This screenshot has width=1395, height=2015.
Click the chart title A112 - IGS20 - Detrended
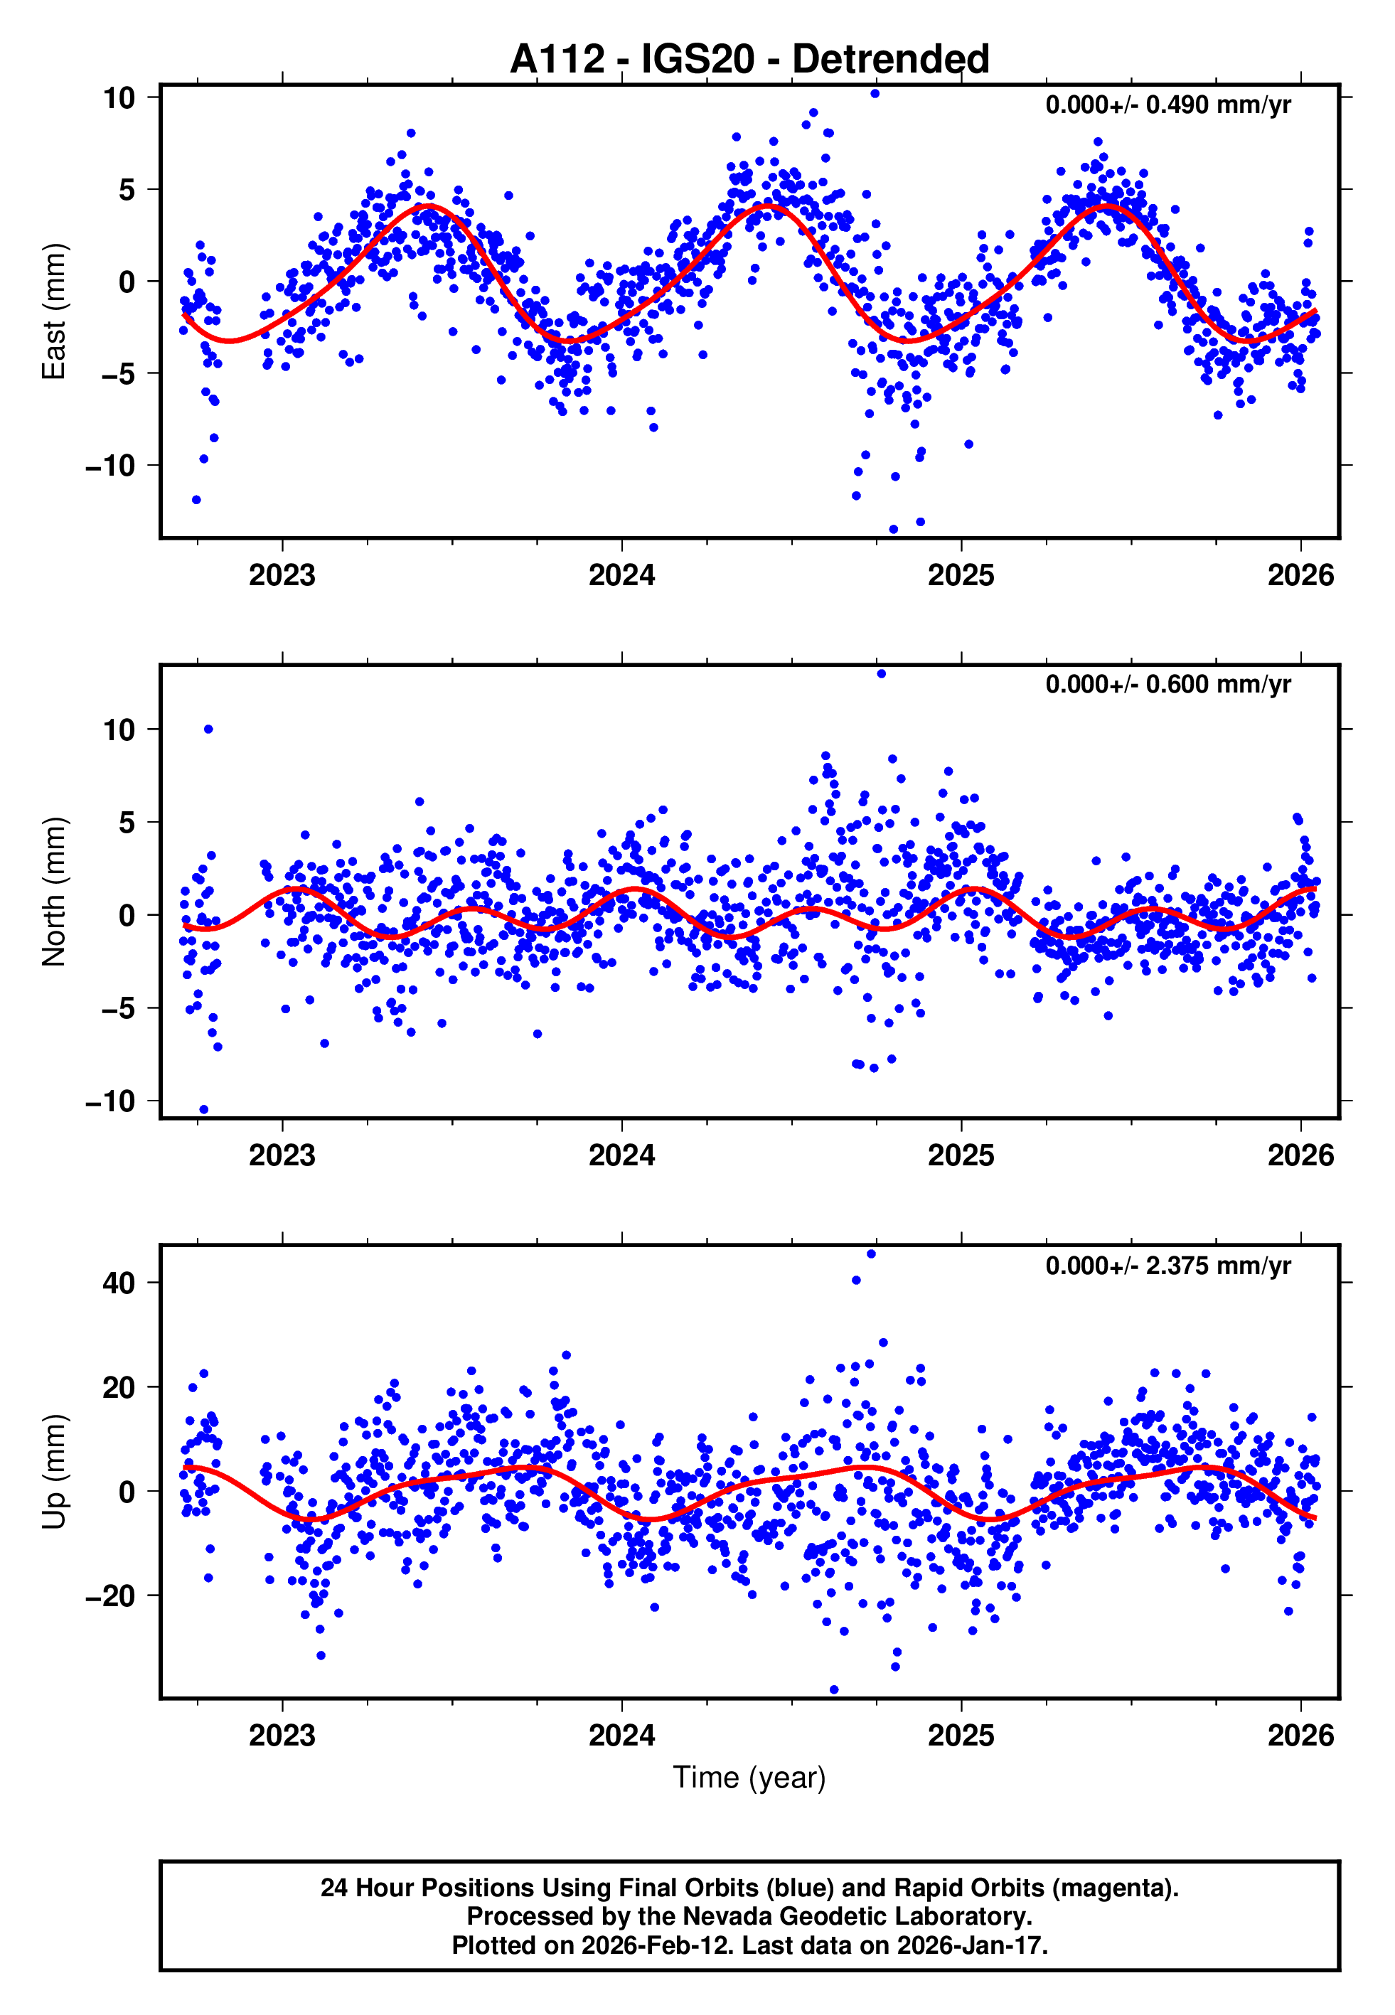click(x=749, y=60)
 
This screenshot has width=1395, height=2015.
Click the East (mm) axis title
click(x=54, y=311)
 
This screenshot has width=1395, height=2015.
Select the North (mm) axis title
click(x=54, y=892)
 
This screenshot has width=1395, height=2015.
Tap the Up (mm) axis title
click(x=54, y=1472)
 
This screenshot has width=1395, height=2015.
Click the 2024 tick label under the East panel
click(x=621, y=575)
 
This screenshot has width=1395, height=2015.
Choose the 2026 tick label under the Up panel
click(x=1300, y=1736)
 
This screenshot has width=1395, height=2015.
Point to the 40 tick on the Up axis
click(x=119, y=1283)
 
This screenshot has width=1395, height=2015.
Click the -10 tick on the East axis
click(x=110, y=466)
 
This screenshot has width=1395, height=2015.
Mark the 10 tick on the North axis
click(x=119, y=729)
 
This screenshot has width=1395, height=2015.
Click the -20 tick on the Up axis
click(x=110, y=1596)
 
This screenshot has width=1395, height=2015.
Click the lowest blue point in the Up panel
click(x=834, y=1690)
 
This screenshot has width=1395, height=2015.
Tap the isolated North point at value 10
click(x=208, y=729)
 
